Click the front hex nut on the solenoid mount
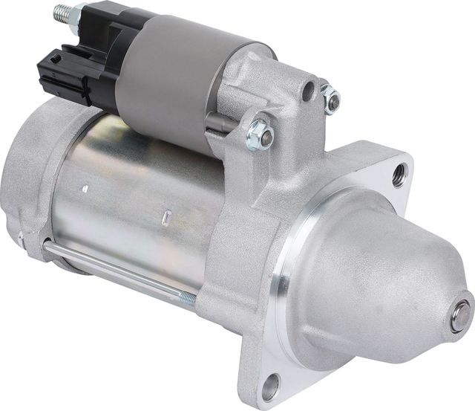pos(260,135)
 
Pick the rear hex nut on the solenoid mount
pos(330,98)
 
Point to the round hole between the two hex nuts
pos(307,91)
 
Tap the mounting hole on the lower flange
pos(271,386)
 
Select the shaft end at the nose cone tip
pos(461,316)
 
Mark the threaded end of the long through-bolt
pos(187,299)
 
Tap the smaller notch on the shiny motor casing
pos(86,189)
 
